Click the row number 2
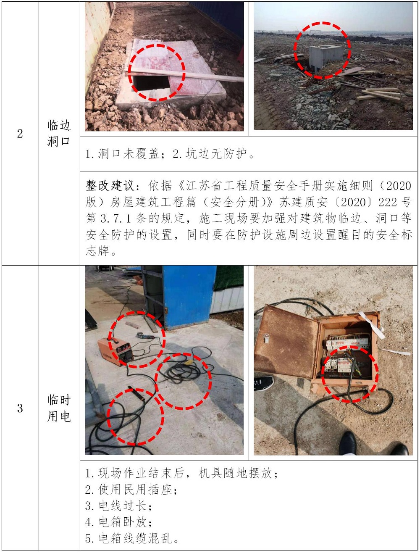click(x=20, y=134)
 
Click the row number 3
click(x=20, y=408)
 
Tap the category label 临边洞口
click(x=59, y=133)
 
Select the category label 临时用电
click(x=59, y=408)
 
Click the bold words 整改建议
click(x=110, y=186)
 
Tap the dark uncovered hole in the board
click(x=151, y=83)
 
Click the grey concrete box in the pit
click(x=325, y=58)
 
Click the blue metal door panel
click(x=189, y=297)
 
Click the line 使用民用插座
click(x=131, y=490)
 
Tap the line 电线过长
click(x=118, y=506)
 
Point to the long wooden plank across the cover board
click(x=184, y=75)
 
